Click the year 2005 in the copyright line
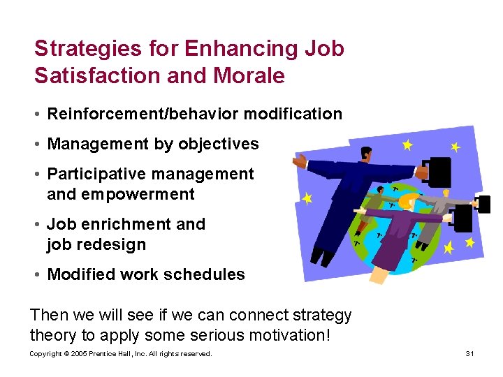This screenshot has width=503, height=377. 78,354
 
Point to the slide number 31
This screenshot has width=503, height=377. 469,354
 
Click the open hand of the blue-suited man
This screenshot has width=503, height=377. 298,162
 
